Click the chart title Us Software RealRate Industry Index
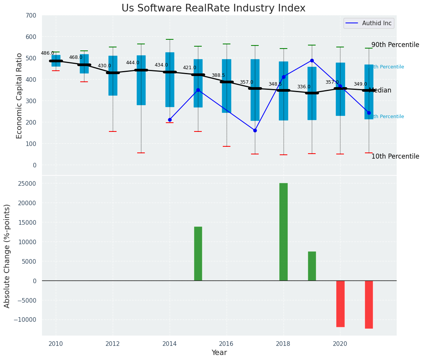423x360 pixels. tap(213, 8)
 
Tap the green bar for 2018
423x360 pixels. tap(283, 232)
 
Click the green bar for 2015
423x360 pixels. tap(198, 254)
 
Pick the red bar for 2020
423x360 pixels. tap(340, 304)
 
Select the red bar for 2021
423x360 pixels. tap(369, 305)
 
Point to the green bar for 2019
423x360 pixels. tap(312, 266)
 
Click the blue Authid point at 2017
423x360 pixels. tap(255, 130)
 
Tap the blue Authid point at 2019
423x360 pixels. tap(312, 60)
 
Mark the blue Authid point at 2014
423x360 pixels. tap(170, 120)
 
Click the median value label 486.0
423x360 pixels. tap(47, 54)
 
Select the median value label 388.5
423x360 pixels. tap(218, 76)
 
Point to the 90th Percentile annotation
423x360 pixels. tap(395, 45)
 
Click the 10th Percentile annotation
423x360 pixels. tap(395, 156)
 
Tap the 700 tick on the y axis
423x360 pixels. tap(31, 15)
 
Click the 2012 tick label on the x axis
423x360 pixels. tap(113, 344)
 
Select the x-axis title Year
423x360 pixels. tap(219, 353)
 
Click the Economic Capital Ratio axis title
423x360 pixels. tap(19, 95)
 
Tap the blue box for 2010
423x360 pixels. tap(56, 60)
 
